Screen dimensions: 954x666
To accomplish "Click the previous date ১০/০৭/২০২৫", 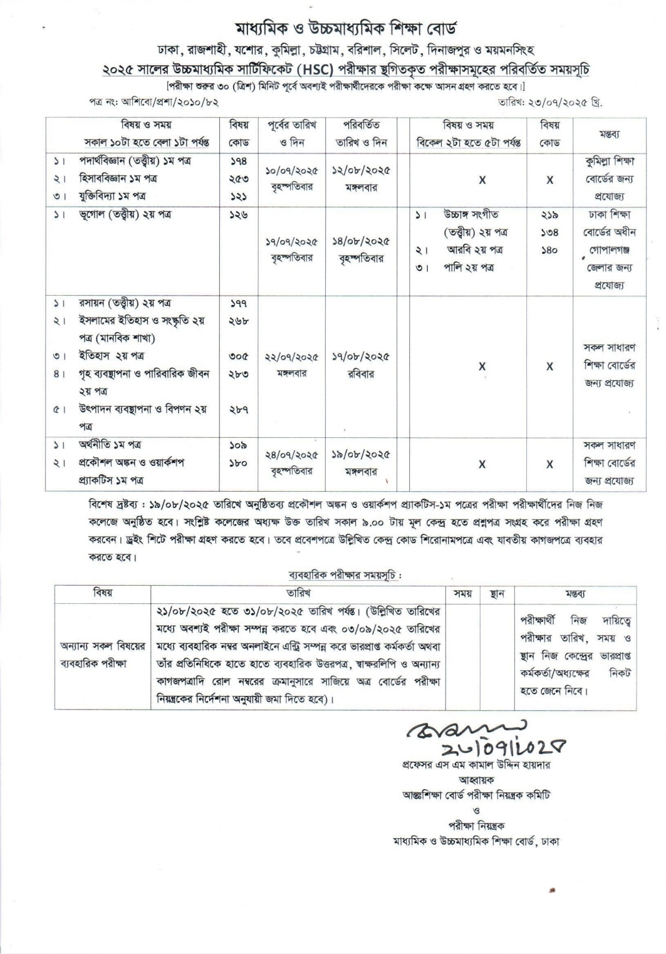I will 291,171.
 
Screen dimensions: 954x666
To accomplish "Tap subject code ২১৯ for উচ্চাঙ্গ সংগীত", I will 549,215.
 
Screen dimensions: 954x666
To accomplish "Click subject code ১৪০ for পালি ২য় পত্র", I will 549,250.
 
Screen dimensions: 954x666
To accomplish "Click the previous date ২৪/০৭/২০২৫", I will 291,455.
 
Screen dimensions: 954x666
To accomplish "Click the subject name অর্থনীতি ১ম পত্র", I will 110,445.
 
